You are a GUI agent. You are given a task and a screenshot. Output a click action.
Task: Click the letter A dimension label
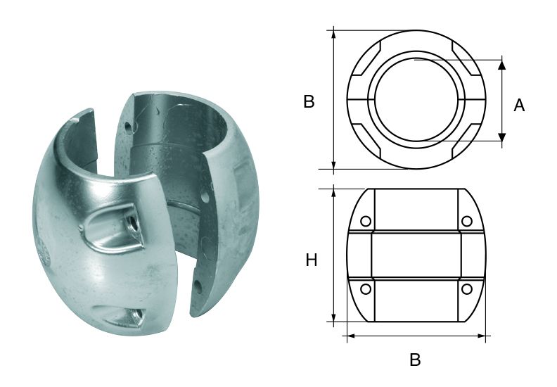(x=519, y=105)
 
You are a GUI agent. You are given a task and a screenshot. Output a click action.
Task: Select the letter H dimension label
(x=312, y=260)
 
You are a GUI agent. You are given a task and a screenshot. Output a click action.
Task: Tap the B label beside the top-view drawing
(x=309, y=101)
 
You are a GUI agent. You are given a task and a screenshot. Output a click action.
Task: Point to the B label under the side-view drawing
(x=415, y=360)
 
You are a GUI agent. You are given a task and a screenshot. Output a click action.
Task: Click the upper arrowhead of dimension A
(x=502, y=64)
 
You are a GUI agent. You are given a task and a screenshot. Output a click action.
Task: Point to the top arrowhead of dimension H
(x=334, y=193)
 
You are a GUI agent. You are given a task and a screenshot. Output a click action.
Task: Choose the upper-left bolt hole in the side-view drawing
(x=365, y=222)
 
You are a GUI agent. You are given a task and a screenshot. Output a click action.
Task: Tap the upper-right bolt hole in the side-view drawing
(x=466, y=222)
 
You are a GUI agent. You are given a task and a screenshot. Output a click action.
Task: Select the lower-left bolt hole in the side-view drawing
(x=365, y=289)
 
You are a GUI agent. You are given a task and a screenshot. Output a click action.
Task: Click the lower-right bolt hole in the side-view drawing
(x=466, y=289)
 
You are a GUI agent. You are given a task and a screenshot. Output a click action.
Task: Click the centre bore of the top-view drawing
(x=416, y=100)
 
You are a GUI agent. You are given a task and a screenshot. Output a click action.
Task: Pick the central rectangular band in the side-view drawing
(x=416, y=255)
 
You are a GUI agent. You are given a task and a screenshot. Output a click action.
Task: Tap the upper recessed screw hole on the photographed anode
(x=131, y=224)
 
